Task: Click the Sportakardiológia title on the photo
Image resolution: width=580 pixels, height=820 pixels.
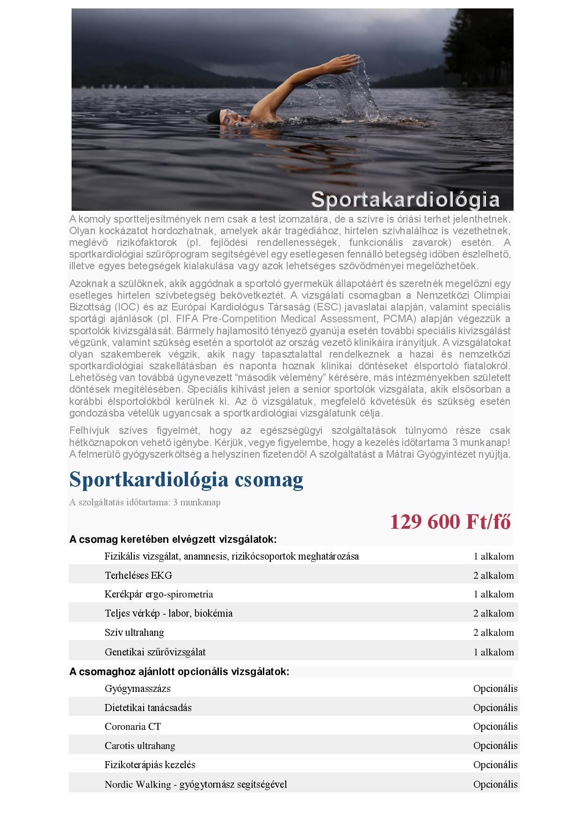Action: pos(405,200)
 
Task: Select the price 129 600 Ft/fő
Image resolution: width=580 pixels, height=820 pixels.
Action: pos(450,522)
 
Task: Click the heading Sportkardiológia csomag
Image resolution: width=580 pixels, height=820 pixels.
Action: pos(186,480)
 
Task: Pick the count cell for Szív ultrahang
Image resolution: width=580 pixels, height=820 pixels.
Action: pos(493,633)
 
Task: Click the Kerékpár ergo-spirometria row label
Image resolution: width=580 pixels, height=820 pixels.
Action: pos(159,594)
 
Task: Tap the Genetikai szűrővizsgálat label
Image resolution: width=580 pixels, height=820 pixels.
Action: pos(155,652)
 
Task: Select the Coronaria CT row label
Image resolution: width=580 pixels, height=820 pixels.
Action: pos(133,726)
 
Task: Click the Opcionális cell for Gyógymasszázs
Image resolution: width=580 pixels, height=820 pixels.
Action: pos(495,689)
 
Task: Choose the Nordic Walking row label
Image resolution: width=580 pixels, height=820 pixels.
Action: pos(196,784)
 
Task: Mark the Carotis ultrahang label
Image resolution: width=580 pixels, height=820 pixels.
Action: pos(140,746)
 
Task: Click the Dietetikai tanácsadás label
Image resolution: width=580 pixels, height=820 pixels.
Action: pos(148,708)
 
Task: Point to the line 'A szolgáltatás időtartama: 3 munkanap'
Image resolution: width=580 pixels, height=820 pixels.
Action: pos(145,503)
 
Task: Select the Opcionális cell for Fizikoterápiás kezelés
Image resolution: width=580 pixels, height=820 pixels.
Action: pos(495,765)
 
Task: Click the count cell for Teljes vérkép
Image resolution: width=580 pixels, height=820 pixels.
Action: pos(493,613)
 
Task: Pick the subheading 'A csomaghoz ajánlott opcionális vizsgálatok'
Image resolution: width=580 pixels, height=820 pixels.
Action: pos(179,672)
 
